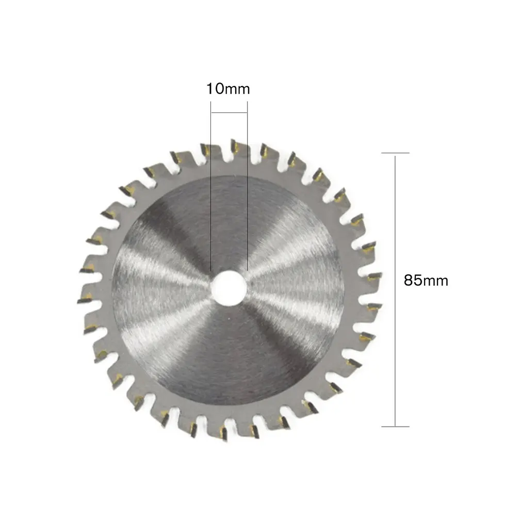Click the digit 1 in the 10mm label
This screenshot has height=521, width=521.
pyautogui.click(x=209, y=89)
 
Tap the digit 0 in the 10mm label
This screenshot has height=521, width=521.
pyautogui.click(x=218, y=89)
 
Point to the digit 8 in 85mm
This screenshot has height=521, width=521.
pyautogui.click(x=409, y=281)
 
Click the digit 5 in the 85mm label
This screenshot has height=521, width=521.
pyautogui.click(x=418, y=281)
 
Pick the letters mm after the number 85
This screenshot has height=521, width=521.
pyautogui.click(x=436, y=281)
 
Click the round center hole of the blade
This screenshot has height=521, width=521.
pyautogui.click(x=229, y=285)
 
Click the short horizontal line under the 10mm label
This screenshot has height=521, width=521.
pyautogui.click(x=229, y=112)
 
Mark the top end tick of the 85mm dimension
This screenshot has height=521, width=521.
pyautogui.click(x=395, y=153)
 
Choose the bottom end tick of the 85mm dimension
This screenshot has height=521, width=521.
pyautogui.click(x=395, y=427)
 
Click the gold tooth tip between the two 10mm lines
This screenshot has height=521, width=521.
pyautogui.click(x=235, y=148)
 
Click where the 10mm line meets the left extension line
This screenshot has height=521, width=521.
pyautogui.click(x=211, y=112)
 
